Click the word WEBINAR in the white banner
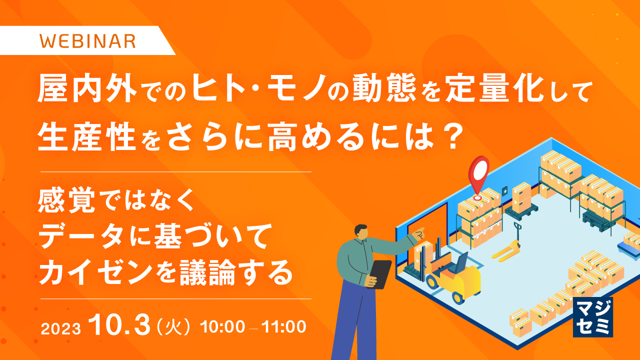(x=87, y=40)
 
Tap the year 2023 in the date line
(x=60, y=328)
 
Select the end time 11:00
(x=283, y=327)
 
